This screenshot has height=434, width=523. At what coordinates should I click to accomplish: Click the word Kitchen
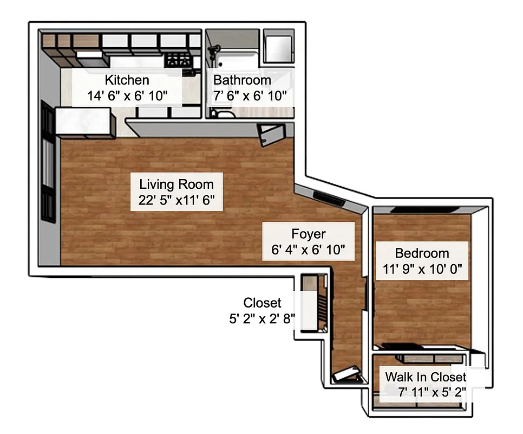pos(127,80)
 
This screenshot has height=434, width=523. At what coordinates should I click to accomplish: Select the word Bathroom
pos(242,80)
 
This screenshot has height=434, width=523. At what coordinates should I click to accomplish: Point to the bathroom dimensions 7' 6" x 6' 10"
pos(250,97)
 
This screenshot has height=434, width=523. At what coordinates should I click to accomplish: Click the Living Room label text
pos(176,184)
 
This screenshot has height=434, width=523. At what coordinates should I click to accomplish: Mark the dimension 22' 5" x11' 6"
pos(176,200)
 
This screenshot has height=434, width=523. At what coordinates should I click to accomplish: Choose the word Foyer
pos(309,234)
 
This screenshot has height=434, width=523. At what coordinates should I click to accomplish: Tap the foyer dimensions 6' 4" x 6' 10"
pos(309,250)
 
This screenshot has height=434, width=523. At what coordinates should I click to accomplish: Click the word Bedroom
pos(422,253)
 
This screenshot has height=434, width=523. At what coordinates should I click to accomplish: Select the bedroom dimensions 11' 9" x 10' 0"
pos(422,269)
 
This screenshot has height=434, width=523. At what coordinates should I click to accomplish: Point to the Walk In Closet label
pos(425,376)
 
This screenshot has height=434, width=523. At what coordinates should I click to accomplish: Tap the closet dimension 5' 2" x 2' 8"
pos(262,318)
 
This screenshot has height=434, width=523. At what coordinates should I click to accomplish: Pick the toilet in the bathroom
pos(221,113)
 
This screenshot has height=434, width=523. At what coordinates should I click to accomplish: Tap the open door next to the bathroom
pos(270,133)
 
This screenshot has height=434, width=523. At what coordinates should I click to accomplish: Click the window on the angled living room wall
pos(328,198)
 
